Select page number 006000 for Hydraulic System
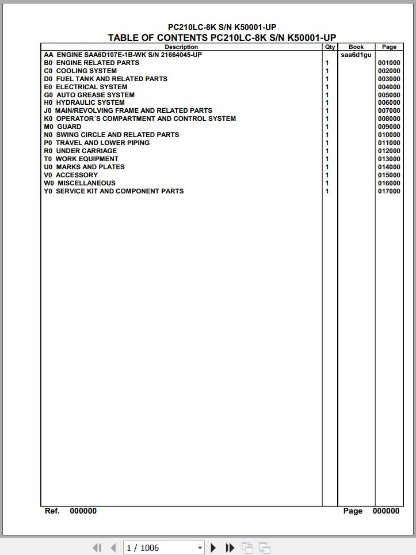[x=389, y=102]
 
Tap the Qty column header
[x=330, y=47]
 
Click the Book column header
[x=356, y=47]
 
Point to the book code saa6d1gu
[x=356, y=55]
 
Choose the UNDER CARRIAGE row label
[x=81, y=151]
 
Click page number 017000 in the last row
[x=389, y=191]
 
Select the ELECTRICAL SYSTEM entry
[x=86, y=87]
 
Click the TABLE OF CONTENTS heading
[x=222, y=37]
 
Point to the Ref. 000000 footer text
[x=71, y=511]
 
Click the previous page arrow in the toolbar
[x=113, y=548]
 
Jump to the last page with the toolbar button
[x=230, y=548]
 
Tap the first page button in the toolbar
[x=97, y=548]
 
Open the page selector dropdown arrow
[x=200, y=548]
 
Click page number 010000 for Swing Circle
[x=389, y=135]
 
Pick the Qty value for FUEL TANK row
[x=327, y=79]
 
